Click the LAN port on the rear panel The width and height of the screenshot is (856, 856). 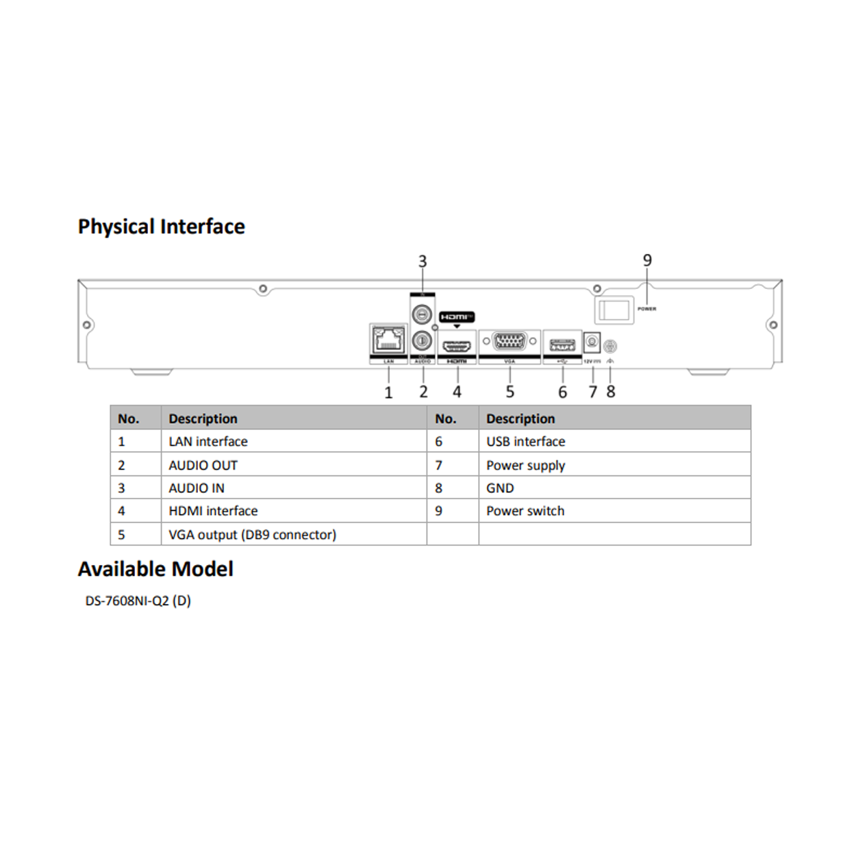point(388,340)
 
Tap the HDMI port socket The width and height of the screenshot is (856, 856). point(457,346)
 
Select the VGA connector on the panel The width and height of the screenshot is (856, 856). point(509,340)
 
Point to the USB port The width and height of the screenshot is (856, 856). point(562,344)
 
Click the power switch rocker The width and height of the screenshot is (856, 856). point(614,310)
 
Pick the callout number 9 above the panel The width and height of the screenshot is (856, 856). point(647,260)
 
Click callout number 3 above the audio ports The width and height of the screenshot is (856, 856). point(423,262)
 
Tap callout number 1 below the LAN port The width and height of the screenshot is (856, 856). point(388,392)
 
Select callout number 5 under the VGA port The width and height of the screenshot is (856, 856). point(509,392)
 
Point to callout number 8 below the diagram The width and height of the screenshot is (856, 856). point(611,392)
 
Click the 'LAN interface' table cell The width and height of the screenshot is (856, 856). point(208,442)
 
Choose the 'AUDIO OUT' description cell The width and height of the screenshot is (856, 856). point(203,466)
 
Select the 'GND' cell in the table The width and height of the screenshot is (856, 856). point(500,488)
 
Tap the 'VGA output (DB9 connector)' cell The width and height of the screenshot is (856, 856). point(252,535)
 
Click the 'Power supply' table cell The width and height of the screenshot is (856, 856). point(525,466)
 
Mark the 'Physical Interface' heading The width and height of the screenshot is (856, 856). point(162,227)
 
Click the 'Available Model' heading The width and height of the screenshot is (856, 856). point(155,569)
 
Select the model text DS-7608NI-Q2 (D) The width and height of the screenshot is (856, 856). point(138,601)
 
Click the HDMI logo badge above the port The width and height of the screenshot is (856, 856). point(457,317)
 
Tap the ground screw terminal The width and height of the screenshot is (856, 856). point(610,347)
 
